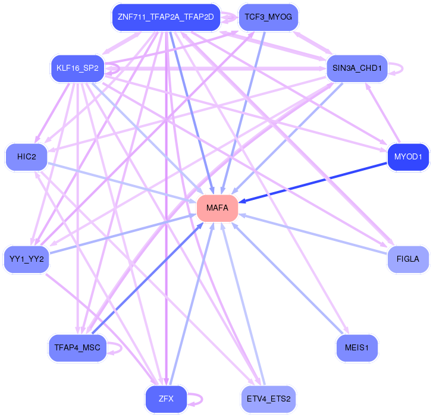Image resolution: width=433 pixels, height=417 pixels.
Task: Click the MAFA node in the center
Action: click(x=217, y=208)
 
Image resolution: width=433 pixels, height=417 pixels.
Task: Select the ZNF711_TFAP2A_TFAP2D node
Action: click(x=166, y=17)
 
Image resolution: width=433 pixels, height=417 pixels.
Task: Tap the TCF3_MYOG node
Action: click(x=268, y=17)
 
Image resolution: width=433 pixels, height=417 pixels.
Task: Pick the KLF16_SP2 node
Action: click(x=77, y=68)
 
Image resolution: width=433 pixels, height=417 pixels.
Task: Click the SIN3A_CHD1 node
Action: click(x=357, y=68)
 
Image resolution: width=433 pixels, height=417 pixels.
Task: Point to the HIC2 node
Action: click(x=27, y=157)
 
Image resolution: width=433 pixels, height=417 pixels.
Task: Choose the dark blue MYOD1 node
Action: click(x=408, y=157)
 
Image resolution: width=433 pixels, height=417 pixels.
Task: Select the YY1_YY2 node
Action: click(x=27, y=259)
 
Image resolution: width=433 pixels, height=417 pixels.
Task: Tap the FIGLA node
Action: click(x=408, y=259)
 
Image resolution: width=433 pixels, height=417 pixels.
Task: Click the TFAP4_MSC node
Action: click(x=77, y=347)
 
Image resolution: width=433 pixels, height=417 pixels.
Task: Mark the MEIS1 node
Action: click(x=357, y=347)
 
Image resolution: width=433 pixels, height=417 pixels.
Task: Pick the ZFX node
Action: click(x=166, y=399)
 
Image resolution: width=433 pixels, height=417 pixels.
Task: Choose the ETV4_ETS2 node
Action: click(x=268, y=399)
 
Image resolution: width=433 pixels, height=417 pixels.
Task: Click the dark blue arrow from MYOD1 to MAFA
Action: click(x=313, y=183)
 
